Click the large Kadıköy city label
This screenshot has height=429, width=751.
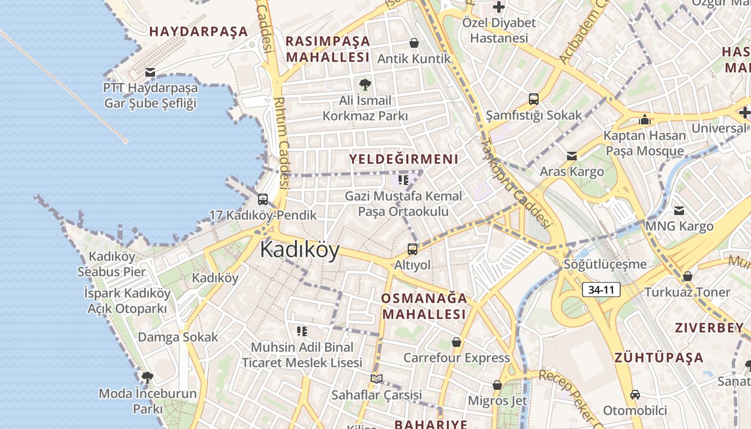pyautogui.click(x=300, y=250)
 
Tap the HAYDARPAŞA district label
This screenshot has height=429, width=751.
pyautogui.click(x=198, y=31)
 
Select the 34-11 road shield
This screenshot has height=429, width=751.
pyautogui.click(x=601, y=290)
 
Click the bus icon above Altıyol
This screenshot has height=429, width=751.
pyautogui.click(x=412, y=249)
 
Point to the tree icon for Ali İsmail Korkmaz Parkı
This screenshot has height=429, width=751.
pyautogui.click(x=365, y=84)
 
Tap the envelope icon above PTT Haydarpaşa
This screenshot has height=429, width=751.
pyautogui.click(x=150, y=72)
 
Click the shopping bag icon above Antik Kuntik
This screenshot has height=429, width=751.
pyautogui.click(x=414, y=43)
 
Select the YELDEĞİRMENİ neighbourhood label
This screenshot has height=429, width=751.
pyautogui.click(x=404, y=159)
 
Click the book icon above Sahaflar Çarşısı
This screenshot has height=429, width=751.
pyautogui.click(x=377, y=379)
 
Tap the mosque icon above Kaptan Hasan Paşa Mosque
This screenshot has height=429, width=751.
pyautogui.click(x=645, y=120)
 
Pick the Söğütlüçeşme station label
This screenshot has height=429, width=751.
pyautogui.click(x=605, y=264)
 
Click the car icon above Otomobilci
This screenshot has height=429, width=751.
pyautogui.click(x=635, y=395)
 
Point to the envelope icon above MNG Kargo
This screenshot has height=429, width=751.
pyautogui.click(x=679, y=210)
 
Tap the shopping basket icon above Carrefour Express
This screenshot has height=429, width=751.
pyautogui.click(x=457, y=342)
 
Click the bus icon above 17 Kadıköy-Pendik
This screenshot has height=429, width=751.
pyautogui.click(x=263, y=199)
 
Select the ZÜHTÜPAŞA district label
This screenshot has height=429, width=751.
pyautogui.click(x=659, y=357)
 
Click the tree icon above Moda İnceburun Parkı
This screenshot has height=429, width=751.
pyautogui.click(x=147, y=378)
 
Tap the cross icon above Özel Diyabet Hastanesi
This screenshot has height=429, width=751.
pyautogui.click(x=499, y=7)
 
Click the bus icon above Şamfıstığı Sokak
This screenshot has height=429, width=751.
pyautogui.click(x=534, y=99)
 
